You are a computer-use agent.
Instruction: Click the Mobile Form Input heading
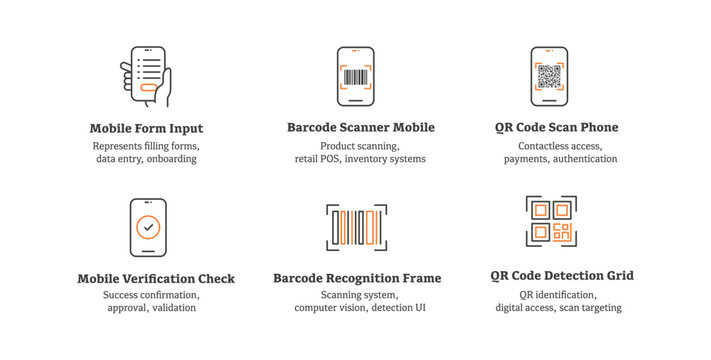(x=146, y=128)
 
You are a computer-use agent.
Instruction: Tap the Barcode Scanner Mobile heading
(x=360, y=128)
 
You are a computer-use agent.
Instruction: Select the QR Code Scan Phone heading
(x=556, y=128)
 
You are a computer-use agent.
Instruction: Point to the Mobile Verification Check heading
(x=156, y=279)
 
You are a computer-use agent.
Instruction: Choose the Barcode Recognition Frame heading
(x=357, y=278)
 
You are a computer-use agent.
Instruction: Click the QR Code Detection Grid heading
(x=562, y=276)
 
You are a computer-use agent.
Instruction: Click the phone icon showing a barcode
(x=356, y=77)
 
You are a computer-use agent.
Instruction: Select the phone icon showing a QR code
(x=549, y=77)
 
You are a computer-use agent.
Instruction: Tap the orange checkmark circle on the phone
(x=148, y=228)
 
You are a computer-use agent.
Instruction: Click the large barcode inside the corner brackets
(x=357, y=227)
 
